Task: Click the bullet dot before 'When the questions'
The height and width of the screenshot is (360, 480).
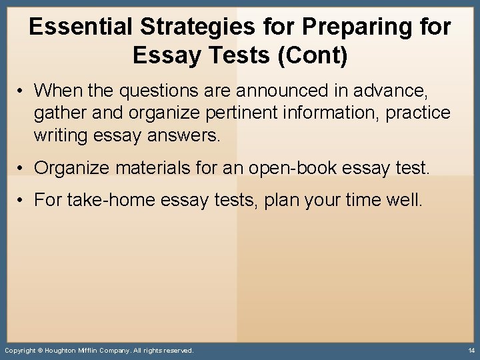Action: [22, 90]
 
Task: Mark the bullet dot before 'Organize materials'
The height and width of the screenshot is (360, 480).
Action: [22, 167]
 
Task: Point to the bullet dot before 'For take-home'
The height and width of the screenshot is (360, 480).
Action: [22, 199]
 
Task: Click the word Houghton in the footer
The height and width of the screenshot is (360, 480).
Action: [67, 351]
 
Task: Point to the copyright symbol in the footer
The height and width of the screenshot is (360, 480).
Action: [40, 351]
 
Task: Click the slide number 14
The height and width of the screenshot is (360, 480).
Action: [471, 351]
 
